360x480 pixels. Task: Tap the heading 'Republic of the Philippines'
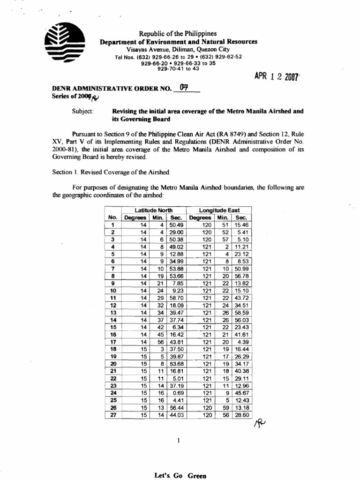pyautogui.click(x=178, y=34)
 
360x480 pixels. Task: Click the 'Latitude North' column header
pyautogui.click(x=153, y=210)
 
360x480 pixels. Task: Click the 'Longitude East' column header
pyautogui.click(x=218, y=210)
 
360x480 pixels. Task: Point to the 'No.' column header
pyautogui.click(x=112, y=217)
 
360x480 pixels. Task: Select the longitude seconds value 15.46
pyautogui.click(x=242, y=225)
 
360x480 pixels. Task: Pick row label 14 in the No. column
pyautogui.click(x=112, y=320)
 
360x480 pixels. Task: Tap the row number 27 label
pyautogui.click(x=112, y=415)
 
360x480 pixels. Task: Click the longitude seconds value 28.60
pyautogui.click(x=242, y=415)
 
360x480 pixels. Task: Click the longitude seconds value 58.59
pyautogui.click(x=242, y=313)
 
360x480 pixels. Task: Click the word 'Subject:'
pyautogui.click(x=82, y=112)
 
